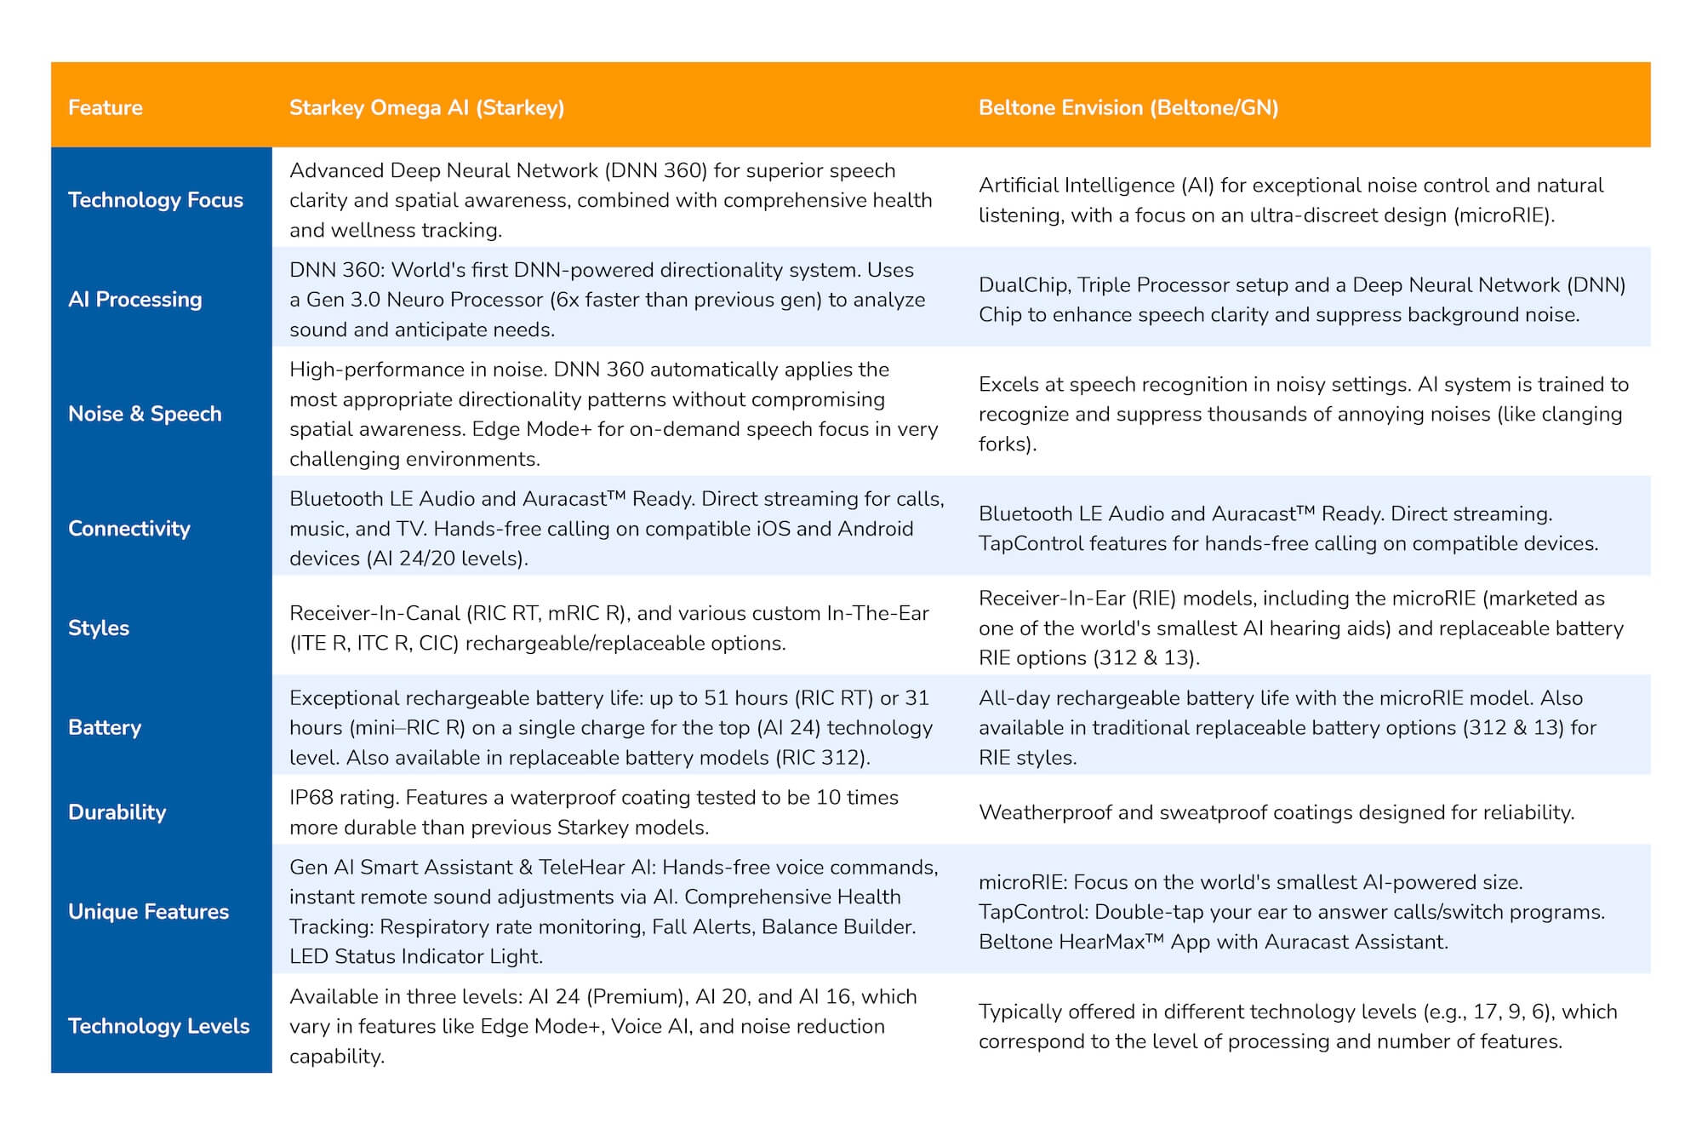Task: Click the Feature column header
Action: (106, 108)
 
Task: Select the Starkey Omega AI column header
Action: (426, 108)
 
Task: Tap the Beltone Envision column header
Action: (1128, 108)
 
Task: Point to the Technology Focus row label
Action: (156, 200)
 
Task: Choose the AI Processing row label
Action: (135, 300)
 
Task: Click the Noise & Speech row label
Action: (145, 414)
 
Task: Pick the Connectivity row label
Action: (129, 529)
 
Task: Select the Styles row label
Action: (99, 628)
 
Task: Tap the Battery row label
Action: (105, 728)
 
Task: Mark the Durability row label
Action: (117, 812)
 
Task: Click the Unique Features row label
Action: (149, 912)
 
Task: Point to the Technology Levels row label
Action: (159, 1026)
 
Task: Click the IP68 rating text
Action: (344, 798)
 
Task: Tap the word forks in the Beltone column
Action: (1005, 444)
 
